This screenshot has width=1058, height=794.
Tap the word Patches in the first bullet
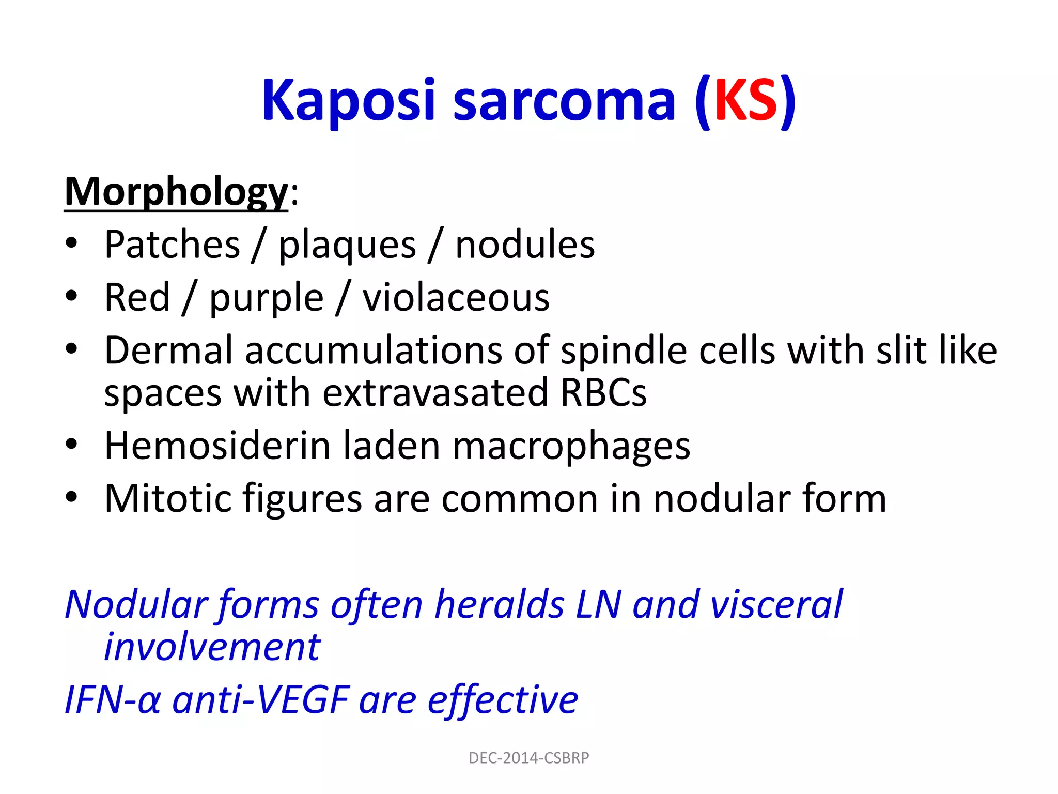tap(172, 245)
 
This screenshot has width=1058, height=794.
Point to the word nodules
tap(524, 245)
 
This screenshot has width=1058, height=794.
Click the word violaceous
tap(456, 298)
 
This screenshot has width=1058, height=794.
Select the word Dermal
tap(168, 350)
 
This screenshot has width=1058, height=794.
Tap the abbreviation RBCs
tap(603, 393)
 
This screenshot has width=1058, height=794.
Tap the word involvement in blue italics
tap(212, 647)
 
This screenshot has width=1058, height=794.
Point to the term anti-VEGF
tap(261, 700)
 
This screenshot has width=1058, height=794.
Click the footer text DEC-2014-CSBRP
tap(528, 758)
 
